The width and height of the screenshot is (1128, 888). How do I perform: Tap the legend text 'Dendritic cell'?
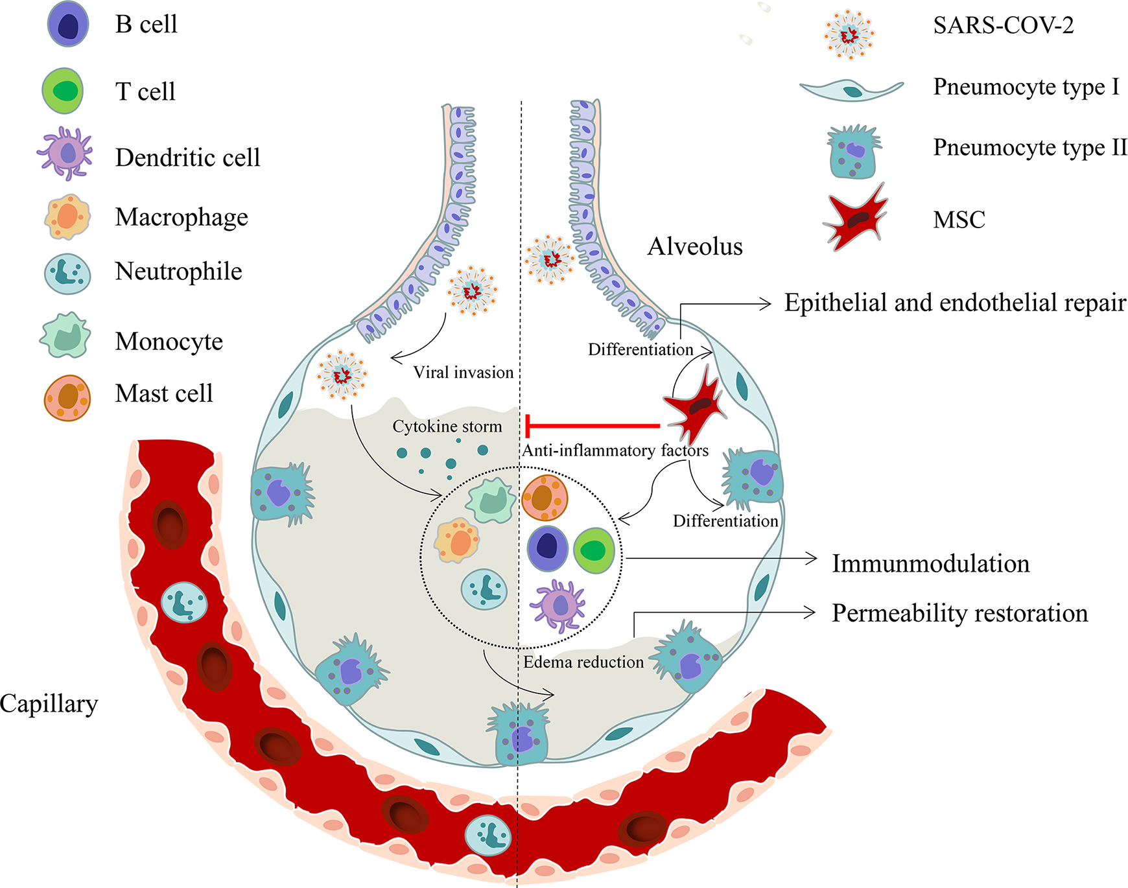click(x=188, y=158)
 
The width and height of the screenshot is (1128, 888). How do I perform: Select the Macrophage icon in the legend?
click(x=67, y=216)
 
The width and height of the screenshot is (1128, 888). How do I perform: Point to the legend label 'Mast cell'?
click(x=164, y=393)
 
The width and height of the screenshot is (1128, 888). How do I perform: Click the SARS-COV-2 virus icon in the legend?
click(x=849, y=35)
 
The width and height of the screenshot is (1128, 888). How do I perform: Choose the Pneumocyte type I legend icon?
click(x=851, y=89)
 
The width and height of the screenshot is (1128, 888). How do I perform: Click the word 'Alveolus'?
click(x=695, y=246)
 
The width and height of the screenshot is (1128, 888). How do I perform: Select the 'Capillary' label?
click(x=49, y=704)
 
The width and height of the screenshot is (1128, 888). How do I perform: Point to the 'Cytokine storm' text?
click(x=447, y=426)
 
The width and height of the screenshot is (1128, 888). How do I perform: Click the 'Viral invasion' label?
click(x=464, y=372)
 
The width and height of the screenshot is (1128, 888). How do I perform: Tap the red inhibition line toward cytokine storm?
click(x=593, y=426)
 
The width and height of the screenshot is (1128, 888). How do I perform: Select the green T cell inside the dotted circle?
click(x=594, y=550)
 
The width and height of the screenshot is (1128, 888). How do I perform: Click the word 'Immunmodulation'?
click(x=931, y=564)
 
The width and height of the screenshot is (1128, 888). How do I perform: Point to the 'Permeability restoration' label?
click(x=960, y=613)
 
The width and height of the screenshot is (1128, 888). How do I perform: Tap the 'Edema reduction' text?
click(x=583, y=662)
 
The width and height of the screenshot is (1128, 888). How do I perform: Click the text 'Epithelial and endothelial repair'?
click(x=955, y=303)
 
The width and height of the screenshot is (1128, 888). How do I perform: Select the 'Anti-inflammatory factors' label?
click(x=615, y=450)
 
